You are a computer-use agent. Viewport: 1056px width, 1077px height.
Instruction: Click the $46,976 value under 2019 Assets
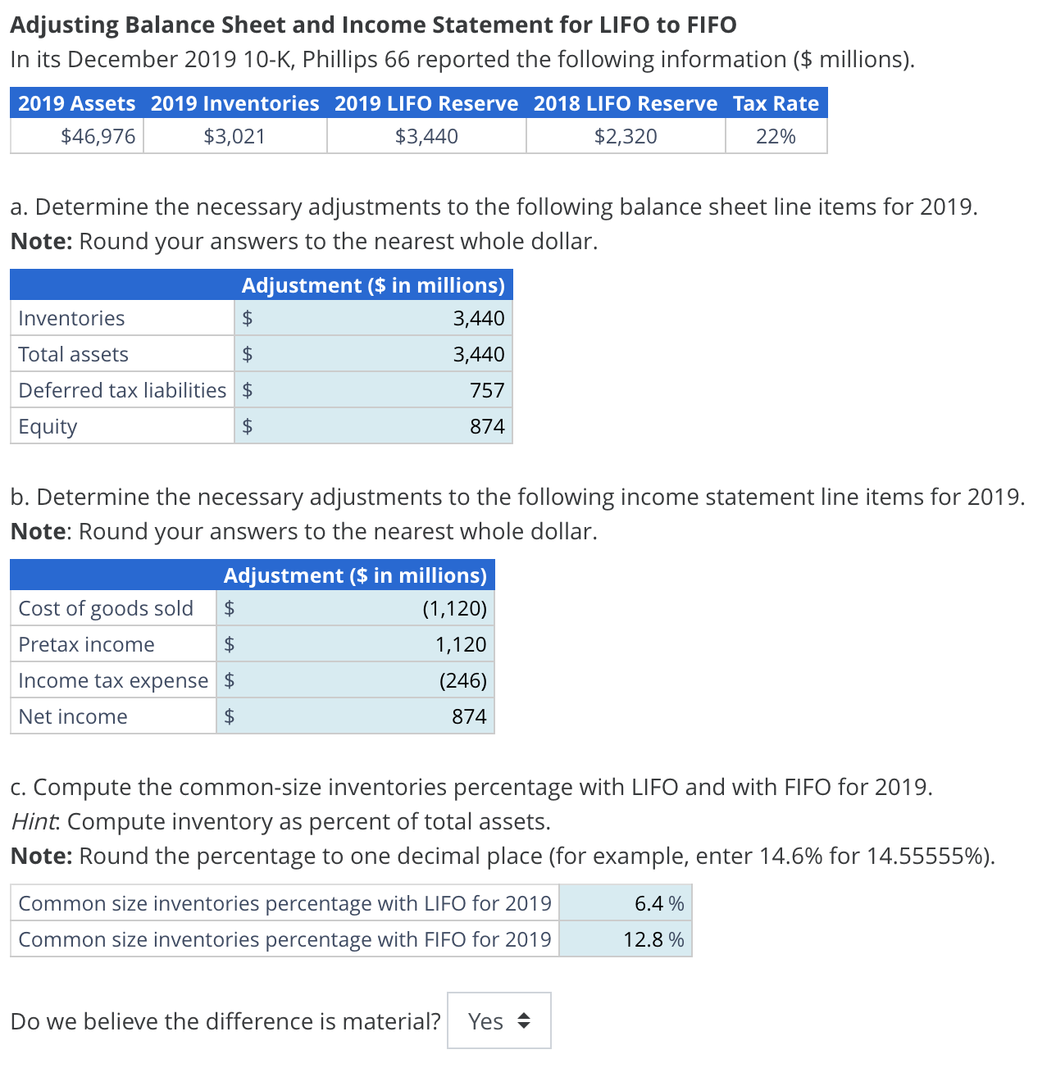tap(98, 136)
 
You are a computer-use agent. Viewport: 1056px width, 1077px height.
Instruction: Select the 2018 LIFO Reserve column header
tap(625, 103)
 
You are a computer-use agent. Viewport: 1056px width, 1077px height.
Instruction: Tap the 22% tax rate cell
tap(776, 136)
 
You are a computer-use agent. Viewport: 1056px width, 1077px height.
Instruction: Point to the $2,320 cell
tap(625, 136)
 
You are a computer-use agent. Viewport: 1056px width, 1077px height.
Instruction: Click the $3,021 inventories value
tap(234, 136)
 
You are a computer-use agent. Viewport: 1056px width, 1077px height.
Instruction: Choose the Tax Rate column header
tap(776, 103)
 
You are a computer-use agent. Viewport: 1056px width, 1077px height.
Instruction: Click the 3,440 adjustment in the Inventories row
tap(478, 318)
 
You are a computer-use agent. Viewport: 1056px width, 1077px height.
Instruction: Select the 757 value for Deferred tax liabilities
tap(487, 390)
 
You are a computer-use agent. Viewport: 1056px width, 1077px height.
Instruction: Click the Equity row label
tap(48, 427)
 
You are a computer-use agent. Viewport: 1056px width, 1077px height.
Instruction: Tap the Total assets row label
tap(73, 354)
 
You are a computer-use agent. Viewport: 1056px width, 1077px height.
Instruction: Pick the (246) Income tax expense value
tap(462, 680)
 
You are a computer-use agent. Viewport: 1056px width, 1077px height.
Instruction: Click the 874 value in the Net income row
tap(469, 716)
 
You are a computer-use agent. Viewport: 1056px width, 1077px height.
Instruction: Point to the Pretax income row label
tap(86, 645)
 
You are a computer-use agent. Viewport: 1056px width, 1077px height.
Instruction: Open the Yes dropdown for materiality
tap(499, 1021)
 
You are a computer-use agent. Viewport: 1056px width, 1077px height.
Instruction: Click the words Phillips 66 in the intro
tap(353, 60)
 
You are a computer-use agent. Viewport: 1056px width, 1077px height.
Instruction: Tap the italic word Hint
tap(36, 821)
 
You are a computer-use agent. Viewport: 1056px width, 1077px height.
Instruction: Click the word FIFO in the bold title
tap(710, 25)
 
